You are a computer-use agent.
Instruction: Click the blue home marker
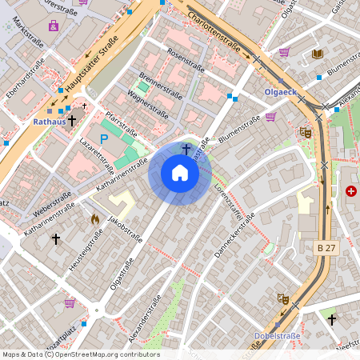click(x=180, y=173)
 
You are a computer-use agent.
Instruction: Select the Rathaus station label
click(x=49, y=122)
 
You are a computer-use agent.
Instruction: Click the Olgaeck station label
click(x=279, y=92)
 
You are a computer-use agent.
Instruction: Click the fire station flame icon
click(x=94, y=218)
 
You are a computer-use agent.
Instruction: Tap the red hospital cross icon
click(x=351, y=191)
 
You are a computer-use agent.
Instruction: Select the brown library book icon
click(x=317, y=54)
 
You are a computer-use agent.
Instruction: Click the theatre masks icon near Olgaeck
click(x=305, y=133)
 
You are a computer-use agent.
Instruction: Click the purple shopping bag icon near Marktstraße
click(x=54, y=26)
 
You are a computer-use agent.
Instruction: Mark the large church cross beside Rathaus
click(x=72, y=121)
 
